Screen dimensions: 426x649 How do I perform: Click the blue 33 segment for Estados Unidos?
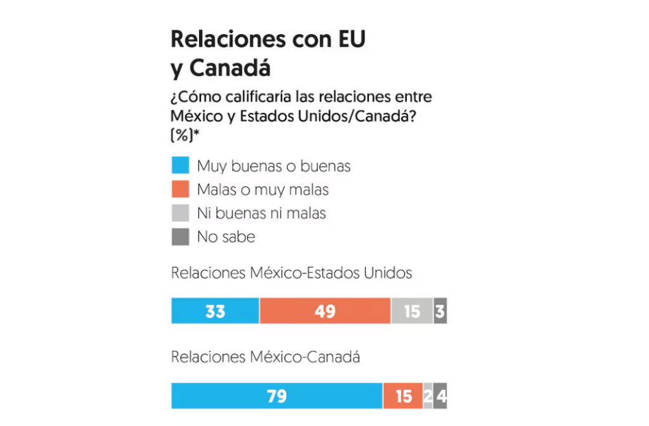point(215,311)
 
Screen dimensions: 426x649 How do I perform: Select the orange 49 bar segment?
point(324,311)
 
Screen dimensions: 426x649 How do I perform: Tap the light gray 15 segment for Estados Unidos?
point(412,311)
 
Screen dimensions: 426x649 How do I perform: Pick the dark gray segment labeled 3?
point(440,311)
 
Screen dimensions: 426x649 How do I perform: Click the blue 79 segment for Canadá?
point(276,396)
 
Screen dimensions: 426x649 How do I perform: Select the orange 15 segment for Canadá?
point(402,396)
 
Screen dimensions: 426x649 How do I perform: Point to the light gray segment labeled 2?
point(428,396)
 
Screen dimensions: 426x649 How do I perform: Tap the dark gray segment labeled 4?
point(440,396)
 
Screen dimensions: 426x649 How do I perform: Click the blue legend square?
point(180,166)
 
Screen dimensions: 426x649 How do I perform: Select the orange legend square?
point(180,190)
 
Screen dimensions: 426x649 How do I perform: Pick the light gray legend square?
point(180,213)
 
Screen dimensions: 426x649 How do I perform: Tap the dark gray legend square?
point(180,237)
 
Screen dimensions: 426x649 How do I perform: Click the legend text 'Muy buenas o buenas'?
point(274,166)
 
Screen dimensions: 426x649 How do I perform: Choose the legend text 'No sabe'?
point(226,237)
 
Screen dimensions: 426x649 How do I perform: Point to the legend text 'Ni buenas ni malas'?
point(261,213)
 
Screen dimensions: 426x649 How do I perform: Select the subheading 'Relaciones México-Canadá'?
point(266,358)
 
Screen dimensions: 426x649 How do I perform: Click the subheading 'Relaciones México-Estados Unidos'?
point(292,273)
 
